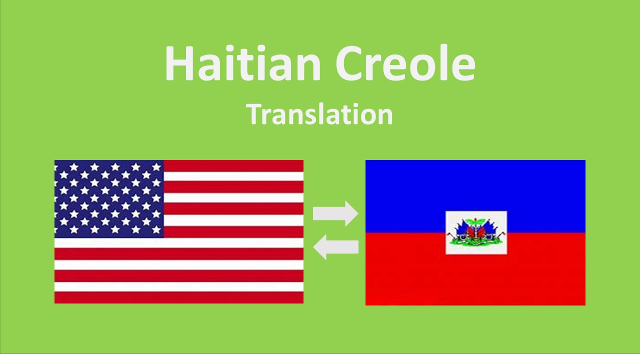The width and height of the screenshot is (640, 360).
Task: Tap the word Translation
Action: point(319,114)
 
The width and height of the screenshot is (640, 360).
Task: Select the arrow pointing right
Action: point(335,214)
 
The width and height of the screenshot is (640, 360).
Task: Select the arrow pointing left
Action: point(335,247)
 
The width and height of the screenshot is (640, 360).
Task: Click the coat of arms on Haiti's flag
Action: point(476,233)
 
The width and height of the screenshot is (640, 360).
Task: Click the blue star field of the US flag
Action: point(109,198)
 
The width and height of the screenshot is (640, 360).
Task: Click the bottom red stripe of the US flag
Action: point(179,298)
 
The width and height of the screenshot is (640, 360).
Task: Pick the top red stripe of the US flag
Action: point(233,165)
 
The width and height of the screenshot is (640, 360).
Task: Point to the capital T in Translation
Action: point(253,114)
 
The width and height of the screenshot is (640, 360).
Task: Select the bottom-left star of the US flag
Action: point(63,229)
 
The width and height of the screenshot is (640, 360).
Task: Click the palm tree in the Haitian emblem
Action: point(476,227)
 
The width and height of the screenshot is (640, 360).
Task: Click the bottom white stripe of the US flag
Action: point(179,287)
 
